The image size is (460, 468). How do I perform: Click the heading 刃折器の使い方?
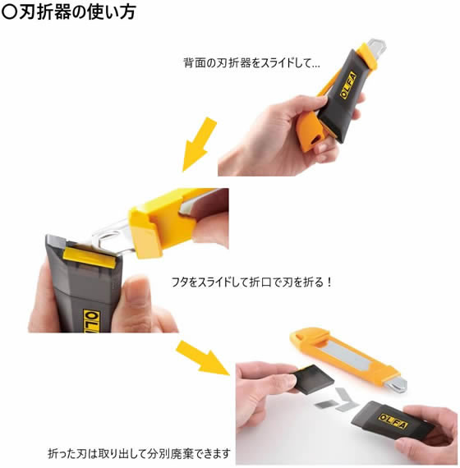point(78,12)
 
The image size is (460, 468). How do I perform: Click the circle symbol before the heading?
point(9,12)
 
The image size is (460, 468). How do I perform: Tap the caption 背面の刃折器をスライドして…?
point(251,63)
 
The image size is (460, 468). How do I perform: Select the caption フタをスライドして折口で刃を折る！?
point(251,282)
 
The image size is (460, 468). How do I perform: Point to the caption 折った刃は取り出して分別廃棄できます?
point(139,453)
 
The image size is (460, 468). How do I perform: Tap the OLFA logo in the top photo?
point(348,85)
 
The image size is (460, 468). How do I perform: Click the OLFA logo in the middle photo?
point(92,322)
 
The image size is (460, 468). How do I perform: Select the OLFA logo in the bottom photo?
point(393,421)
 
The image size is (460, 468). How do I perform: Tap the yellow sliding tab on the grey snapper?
point(90,257)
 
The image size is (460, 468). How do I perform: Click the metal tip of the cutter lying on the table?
point(397,384)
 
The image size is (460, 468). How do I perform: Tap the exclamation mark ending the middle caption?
point(329,282)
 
